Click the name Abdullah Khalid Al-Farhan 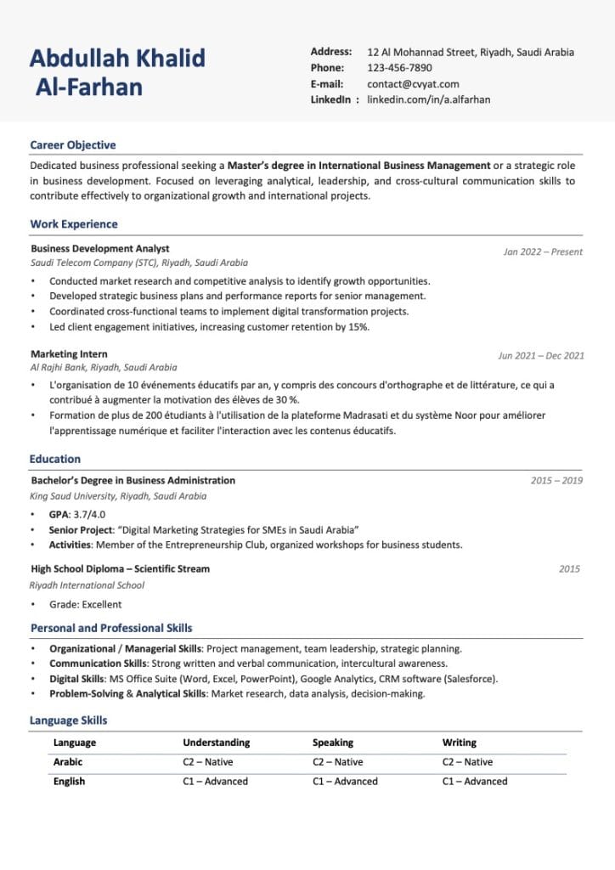coord(117,72)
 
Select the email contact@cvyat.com coord(413,84)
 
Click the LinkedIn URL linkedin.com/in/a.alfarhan coord(428,99)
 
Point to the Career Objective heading coord(73,145)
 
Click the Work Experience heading coord(74,224)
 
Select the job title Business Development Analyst coord(99,249)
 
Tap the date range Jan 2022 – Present coord(543,251)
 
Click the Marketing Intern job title coord(69,353)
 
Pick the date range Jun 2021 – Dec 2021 coord(541,356)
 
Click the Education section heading coord(55,459)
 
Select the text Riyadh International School coord(87,585)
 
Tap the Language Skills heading coord(69,720)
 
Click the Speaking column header coord(333,743)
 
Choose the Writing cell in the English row coord(474,782)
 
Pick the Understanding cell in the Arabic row coord(207,762)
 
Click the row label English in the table coord(69,782)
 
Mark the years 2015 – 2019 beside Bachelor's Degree coord(556,481)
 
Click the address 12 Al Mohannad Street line coord(470,53)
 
